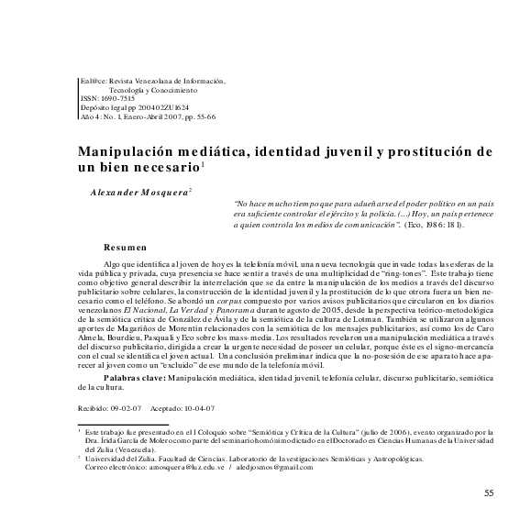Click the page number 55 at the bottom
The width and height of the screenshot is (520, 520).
click(x=488, y=493)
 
